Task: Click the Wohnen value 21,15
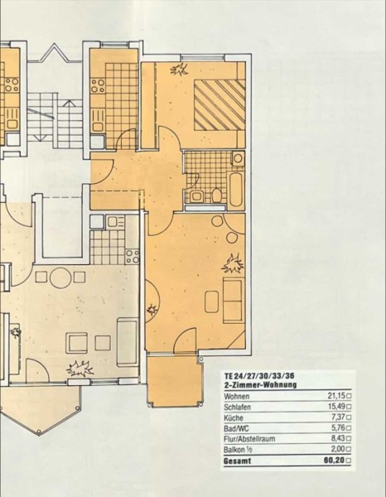pyautogui.click(x=335, y=396)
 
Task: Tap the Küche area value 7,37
pyautogui.click(x=337, y=417)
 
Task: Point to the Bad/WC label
pyautogui.click(x=236, y=428)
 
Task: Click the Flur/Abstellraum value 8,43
pyautogui.click(x=337, y=439)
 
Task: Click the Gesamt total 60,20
pyautogui.click(x=334, y=461)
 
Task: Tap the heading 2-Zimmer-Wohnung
pyautogui.click(x=260, y=385)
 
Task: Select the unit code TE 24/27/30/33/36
pyautogui.click(x=259, y=376)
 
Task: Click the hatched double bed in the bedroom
pyautogui.click(x=220, y=104)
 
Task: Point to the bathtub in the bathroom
pyautogui.click(x=236, y=190)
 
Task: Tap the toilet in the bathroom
pyautogui.click(x=217, y=195)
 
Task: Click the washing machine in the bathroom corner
pyautogui.click(x=238, y=159)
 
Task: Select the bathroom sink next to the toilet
pyautogui.click(x=197, y=196)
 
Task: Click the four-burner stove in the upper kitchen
pyautogui.click(x=98, y=85)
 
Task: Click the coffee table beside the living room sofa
pyautogui.click(x=212, y=302)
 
